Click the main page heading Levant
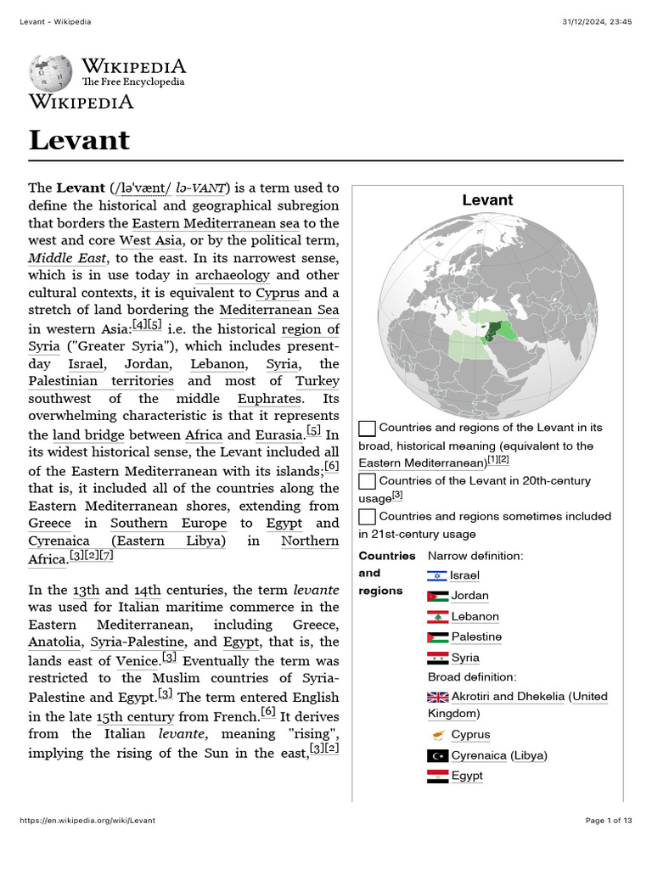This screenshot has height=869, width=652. coord(79,139)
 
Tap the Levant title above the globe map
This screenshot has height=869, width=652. coord(486,200)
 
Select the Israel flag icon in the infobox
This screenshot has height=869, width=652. coord(437,575)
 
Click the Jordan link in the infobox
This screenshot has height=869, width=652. coord(469,596)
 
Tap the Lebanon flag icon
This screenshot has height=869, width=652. coord(437,617)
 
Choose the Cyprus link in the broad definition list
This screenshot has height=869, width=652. coord(470,735)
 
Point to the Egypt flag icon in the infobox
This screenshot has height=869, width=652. coord(437,776)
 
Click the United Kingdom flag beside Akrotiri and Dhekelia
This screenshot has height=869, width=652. coord(437,697)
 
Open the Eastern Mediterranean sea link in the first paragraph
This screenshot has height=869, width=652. coord(215,223)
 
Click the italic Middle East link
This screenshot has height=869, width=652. coord(68,258)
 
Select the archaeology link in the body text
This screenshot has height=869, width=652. coord(232,275)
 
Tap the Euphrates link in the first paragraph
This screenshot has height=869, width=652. coord(269,398)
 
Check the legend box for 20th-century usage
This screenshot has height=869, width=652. coord(367,481)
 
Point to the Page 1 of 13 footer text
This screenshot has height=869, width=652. coord(609,821)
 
